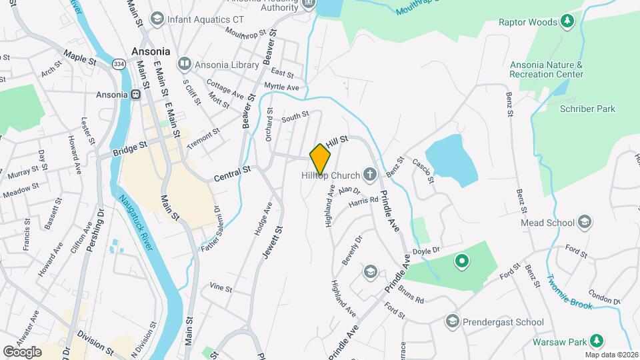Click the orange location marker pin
[321, 159]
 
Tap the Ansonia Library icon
[184, 65]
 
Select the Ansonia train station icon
[135, 95]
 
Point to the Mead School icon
[585, 223]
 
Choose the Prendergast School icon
[453, 322]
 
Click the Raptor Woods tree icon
[567, 22]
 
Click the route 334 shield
[119, 64]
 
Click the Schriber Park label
[587, 109]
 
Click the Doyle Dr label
[427, 250]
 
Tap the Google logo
[22, 351]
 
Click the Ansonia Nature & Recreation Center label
[546, 69]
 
